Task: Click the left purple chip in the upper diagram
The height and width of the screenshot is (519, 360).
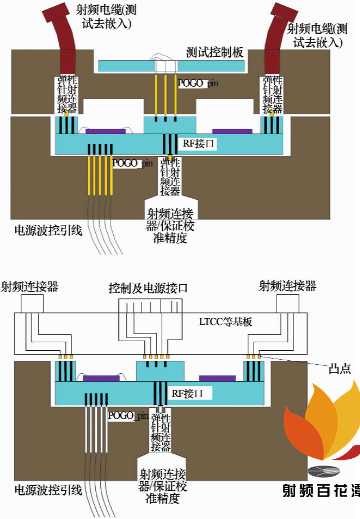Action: point(105,131)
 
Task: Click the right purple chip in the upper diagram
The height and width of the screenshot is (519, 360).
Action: point(232,131)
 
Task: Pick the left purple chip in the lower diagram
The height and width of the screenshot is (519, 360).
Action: point(101,378)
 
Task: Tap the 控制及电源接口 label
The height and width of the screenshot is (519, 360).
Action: point(148,288)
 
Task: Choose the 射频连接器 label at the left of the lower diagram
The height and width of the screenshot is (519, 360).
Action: point(30,287)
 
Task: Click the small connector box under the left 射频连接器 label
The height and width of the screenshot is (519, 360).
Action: point(32,304)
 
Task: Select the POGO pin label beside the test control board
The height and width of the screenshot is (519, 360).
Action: point(198,83)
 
